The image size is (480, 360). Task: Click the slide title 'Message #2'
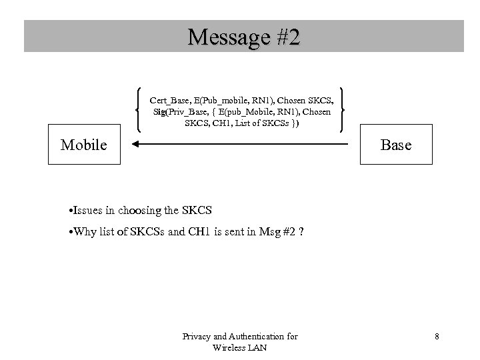click(x=243, y=36)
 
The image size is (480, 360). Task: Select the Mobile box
click(x=84, y=145)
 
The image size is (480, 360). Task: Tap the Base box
click(x=395, y=145)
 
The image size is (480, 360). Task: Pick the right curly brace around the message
click(x=341, y=110)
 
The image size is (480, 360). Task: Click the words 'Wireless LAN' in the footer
click(x=240, y=347)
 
